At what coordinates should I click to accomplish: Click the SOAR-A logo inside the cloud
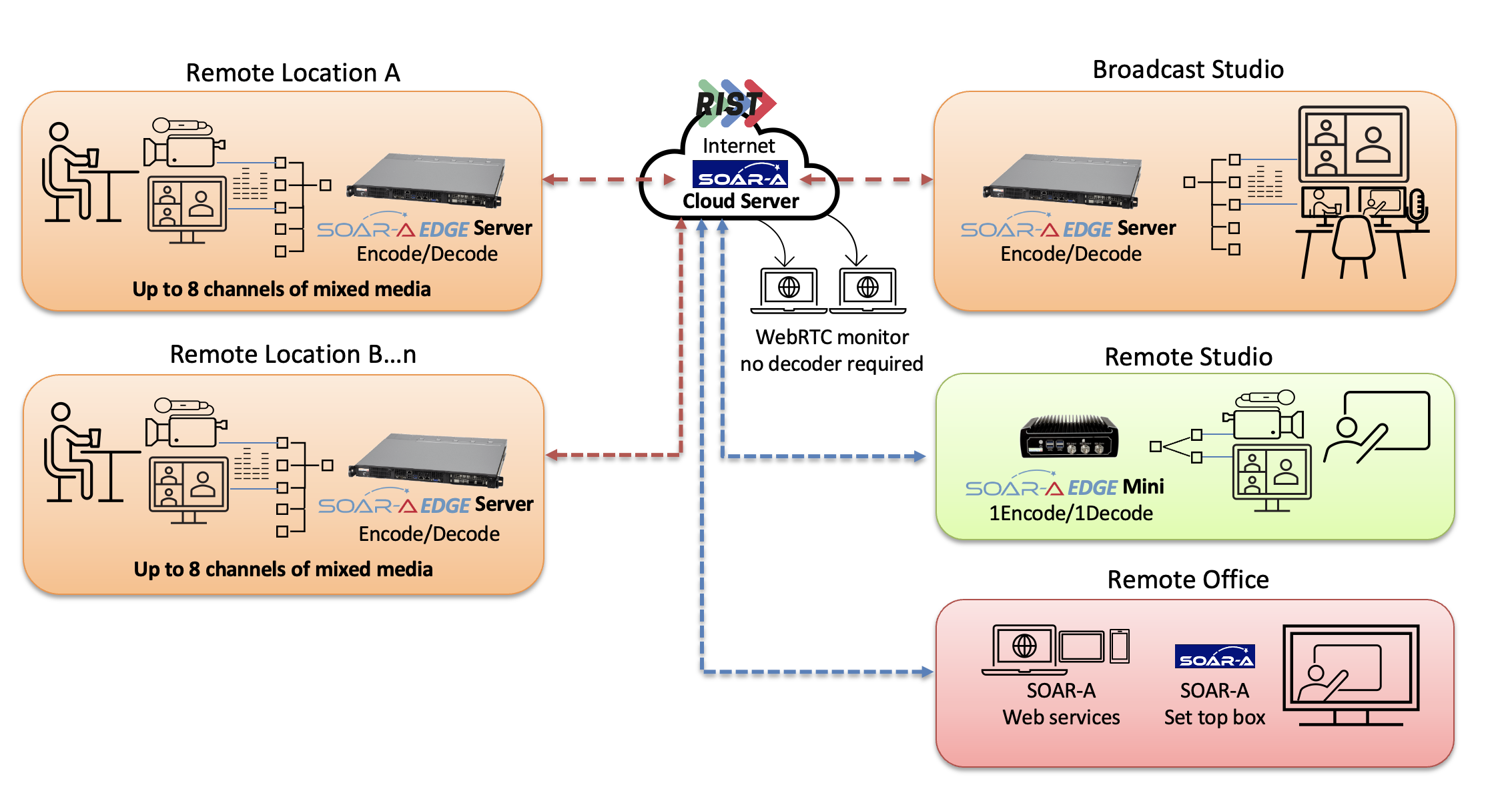click(740, 174)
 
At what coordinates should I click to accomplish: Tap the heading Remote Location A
click(292, 73)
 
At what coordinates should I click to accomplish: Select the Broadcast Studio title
click(1188, 69)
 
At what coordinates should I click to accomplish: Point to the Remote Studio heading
click(1188, 357)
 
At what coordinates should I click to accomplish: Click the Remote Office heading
click(1188, 580)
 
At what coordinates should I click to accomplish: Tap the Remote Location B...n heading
click(293, 354)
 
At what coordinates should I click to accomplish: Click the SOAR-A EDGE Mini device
click(1069, 437)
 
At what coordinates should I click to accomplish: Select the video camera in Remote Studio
click(1264, 416)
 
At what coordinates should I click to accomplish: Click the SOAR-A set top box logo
click(1214, 656)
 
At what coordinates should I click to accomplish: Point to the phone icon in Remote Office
click(1120, 646)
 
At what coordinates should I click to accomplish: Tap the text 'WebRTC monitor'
click(831, 337)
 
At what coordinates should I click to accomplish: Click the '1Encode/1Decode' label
click(1070, 514)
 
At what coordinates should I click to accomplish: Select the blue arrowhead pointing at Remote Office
click(927, 672)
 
